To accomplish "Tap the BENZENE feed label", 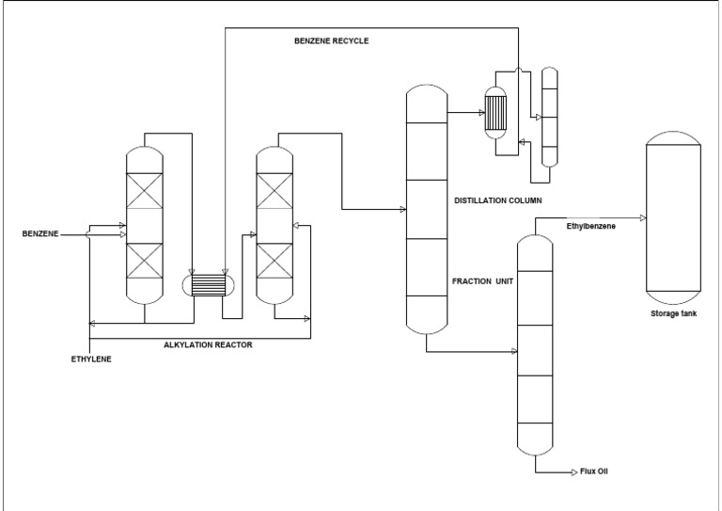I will (39, 234).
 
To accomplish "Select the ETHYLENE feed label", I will (90, 359).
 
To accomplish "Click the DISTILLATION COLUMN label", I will (497, 200).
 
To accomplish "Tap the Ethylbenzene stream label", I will (590, 226).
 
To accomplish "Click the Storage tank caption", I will (672, 312).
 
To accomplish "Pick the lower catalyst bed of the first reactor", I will (145, 261).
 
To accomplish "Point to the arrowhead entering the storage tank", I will (641, 217).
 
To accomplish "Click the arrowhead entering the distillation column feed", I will (402, 209).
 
